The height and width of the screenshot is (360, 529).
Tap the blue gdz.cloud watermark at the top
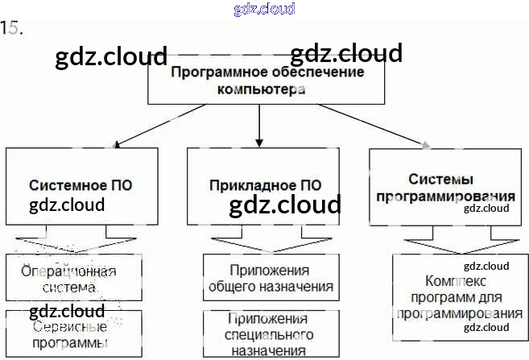(x=264, y=9)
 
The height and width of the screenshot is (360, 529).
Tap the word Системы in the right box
(x=440, y=179)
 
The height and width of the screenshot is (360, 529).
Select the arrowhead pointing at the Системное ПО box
(x=118, y=145)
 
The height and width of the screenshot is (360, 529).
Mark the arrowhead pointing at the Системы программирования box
(x=426, y=145)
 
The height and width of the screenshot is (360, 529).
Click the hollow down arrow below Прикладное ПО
(x=259, y=244)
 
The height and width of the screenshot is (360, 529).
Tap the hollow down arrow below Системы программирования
(x=448, y=245)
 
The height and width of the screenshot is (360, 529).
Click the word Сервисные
(x=70, y=328)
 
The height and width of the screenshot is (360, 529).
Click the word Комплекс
(x=456, y=282)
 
